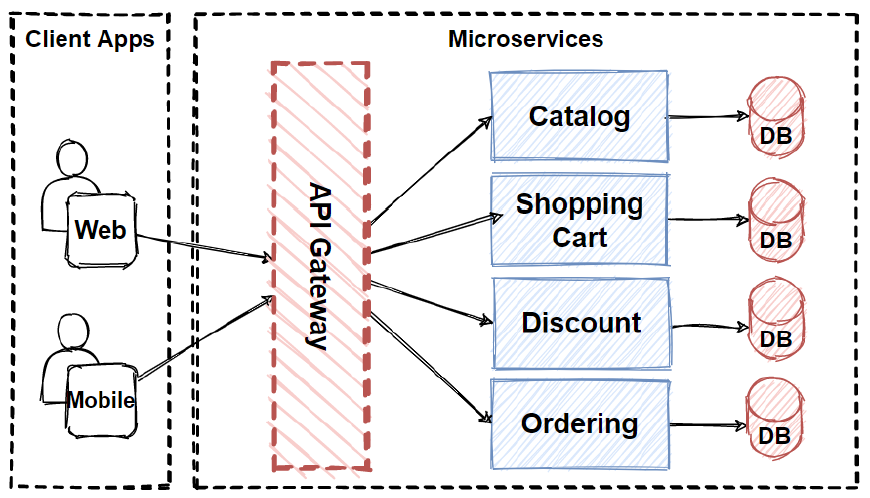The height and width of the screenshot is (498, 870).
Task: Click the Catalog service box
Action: click(x=579, y=116)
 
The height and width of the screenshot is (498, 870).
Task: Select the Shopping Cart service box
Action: click(x=579, y=220)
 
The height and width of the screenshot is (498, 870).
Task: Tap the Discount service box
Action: click(x=581, y=323)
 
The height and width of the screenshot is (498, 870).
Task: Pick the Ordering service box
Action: click(x=580, y=423)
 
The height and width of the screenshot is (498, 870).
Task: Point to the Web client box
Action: click(x=101, y=230)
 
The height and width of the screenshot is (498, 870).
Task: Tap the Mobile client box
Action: click(x=101, y=400)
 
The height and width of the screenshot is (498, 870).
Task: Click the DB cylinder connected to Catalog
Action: click(x=776, y=117)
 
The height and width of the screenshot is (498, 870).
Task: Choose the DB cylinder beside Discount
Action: click(x=776, y=322)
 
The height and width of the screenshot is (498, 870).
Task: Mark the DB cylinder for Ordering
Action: click(x=776, y=420)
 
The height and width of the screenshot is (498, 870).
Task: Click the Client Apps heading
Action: click(x=90, y=39)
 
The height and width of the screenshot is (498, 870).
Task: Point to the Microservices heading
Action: click(x=525, y=39)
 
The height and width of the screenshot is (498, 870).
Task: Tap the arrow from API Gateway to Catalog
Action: click(x=430, y=170)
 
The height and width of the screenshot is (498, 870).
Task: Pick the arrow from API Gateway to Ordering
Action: click(x=430, y=366)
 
